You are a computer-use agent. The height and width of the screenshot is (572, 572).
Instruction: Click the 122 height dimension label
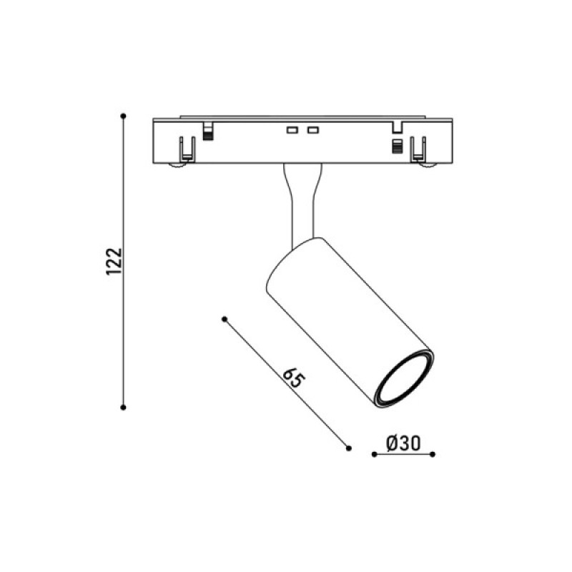(114, 262)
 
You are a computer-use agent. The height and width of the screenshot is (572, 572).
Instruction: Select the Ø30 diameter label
(403, 443)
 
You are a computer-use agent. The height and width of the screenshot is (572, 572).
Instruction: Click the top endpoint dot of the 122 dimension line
(123, 116)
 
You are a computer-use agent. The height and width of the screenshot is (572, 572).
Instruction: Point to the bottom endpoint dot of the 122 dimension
(123, 407)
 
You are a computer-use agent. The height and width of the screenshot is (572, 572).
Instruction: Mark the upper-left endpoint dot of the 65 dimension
(225, 319)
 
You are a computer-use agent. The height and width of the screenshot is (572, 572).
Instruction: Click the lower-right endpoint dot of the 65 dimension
(348, 448)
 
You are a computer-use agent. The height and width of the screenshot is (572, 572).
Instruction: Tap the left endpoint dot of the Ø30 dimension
(374, 454)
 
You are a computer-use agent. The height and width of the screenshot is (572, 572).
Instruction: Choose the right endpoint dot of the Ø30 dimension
(433, 454)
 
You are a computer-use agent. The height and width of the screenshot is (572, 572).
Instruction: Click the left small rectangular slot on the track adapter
(292, 130)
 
